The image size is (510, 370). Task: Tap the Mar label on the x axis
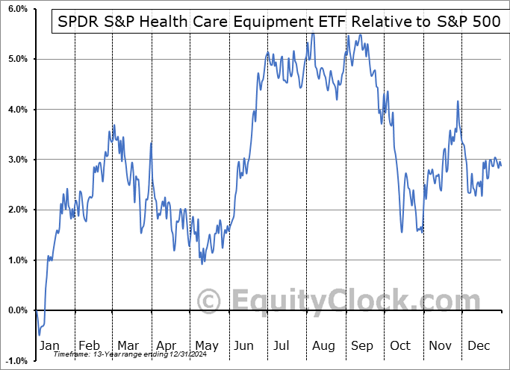click(x=128, y=346)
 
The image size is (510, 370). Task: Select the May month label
click(x=206, y=346)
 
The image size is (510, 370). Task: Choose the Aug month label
click(x=324, y=346)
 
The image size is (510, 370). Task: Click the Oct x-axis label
click(x=401, y=346)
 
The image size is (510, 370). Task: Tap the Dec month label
click(x=479, y=346)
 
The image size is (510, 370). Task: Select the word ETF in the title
click(x=327, y=22)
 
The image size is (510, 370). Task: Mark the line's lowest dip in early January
click(x=40, y=335)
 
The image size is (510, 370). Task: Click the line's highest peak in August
click(x=313, y=33)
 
